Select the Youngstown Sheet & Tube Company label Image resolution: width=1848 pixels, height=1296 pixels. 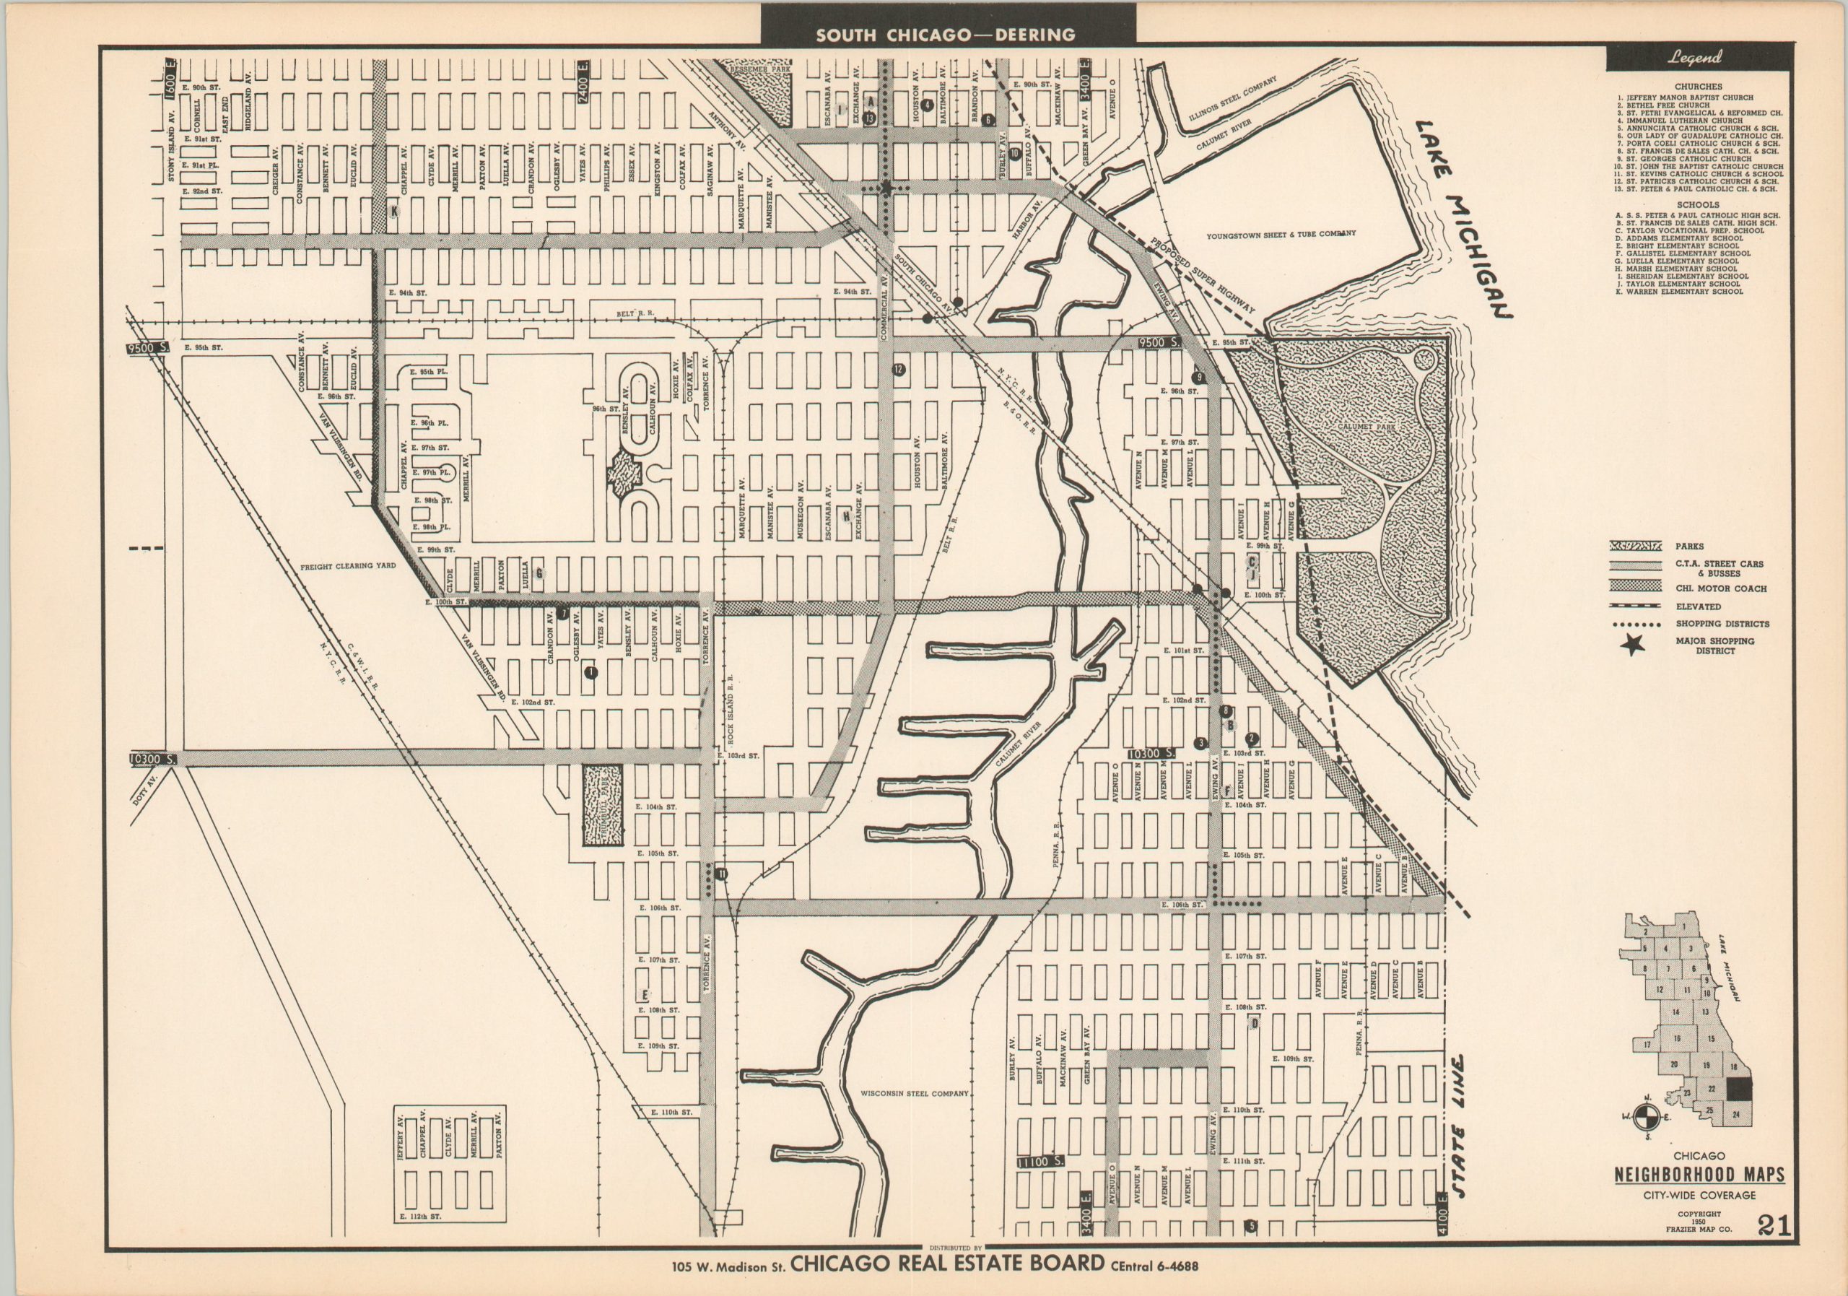(1281, 233)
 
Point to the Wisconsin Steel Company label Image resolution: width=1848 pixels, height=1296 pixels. (914, 1094)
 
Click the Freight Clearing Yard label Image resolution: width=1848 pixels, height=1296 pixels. (349, 566)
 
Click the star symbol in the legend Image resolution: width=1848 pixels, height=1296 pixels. (1633, 645)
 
